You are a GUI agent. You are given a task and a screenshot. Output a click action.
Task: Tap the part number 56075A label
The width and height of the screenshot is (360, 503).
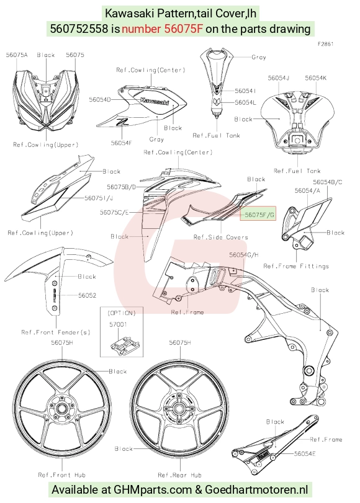(17, 55)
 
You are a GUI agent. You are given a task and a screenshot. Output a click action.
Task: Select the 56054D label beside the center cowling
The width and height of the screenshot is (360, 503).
(100, 99)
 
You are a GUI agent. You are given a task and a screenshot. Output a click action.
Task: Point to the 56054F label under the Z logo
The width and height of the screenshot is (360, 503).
(122, 143)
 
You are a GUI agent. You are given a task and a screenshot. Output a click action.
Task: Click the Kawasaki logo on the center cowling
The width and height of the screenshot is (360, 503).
(155, 100)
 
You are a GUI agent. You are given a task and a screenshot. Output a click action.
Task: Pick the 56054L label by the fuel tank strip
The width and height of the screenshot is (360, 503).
(246, 102)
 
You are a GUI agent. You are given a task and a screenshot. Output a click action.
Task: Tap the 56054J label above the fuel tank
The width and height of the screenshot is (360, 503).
(279, 78)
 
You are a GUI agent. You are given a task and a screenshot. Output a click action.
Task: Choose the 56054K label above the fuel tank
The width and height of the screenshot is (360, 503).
(316, 78)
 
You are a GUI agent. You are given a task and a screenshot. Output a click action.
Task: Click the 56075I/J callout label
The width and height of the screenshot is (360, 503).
(99, 198)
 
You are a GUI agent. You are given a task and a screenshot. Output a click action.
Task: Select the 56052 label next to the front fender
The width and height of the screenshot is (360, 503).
(88, 295)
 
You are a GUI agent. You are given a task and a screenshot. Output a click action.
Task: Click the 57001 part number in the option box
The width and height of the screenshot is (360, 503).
(118, 324)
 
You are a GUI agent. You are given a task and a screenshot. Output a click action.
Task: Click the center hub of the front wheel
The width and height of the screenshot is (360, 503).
(61, 409)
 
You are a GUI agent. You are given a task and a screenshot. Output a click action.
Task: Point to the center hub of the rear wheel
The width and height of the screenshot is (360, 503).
(179, 409)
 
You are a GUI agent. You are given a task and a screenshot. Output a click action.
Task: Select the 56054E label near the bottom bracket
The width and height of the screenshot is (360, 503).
(305, 453)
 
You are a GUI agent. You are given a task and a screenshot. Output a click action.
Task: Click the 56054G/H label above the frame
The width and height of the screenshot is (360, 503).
(244, 255)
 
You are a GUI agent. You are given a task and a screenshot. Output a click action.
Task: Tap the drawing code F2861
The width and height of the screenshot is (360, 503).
(326, 44)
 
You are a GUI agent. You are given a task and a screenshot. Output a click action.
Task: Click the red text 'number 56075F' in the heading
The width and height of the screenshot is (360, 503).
(162, 29)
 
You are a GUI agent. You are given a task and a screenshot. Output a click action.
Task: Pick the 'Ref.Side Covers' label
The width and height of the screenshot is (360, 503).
(220, 237)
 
